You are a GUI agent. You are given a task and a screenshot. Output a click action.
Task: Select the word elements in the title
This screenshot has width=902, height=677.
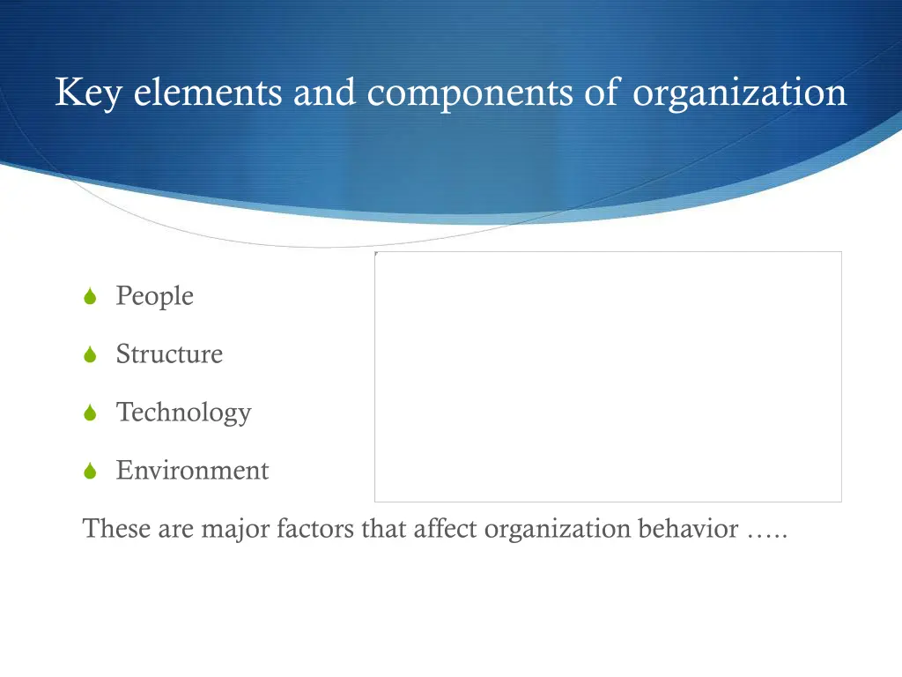tap(208, 93)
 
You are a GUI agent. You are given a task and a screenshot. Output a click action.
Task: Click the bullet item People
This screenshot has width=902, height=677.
tap(154, 296)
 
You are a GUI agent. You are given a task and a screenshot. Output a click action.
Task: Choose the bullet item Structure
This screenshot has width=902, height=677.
tap(169, 354)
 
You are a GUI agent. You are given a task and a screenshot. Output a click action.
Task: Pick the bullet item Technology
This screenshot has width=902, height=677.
tap(183, 413)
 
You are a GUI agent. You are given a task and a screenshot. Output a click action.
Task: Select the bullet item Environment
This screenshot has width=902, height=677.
tap(192, 471)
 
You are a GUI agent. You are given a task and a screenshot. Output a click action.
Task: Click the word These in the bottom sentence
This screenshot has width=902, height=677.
tap(118, 529)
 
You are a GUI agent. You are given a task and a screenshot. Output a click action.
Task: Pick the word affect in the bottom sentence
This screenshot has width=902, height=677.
tap(446, 529)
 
